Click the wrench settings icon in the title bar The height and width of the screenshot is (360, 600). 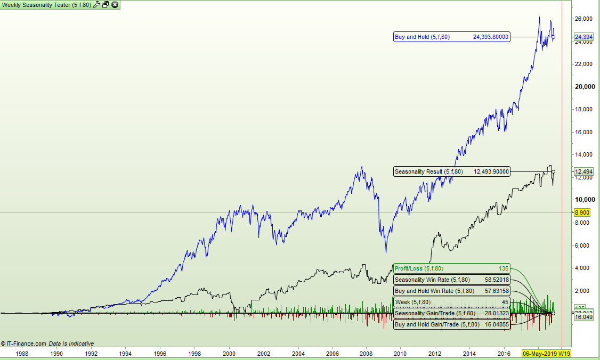[x=96, y=5]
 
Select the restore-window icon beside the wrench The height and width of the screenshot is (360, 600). [x=106, y=5]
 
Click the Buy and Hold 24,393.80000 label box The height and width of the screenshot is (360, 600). [x=451, y=37]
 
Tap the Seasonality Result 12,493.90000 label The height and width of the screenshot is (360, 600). [x=451, y=171]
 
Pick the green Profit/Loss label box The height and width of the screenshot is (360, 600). [x=451, y=268]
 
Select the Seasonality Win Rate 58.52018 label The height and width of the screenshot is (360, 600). [x=451, y=280]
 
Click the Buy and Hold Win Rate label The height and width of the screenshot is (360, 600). [x=451, y=291]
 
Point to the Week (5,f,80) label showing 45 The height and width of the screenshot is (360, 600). [x=451, y=302]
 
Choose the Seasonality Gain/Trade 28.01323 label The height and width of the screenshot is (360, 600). [x=451, y=313]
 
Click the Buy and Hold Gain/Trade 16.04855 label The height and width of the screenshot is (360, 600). [x=451, y=324]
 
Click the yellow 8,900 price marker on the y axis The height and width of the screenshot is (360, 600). [x=581, y=212]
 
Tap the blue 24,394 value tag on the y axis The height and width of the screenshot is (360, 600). [x=583, y=37]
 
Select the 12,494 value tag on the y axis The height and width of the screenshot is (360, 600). [x=583, y=171]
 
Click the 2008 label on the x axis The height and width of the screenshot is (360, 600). [x=366, y=353]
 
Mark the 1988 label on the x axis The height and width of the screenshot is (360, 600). [x=22, y=353]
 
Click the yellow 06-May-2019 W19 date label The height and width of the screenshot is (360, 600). [x=546, y=354]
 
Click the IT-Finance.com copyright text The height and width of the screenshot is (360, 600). [x=25, y=343]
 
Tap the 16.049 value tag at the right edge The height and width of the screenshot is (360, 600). [x=583, y=317]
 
